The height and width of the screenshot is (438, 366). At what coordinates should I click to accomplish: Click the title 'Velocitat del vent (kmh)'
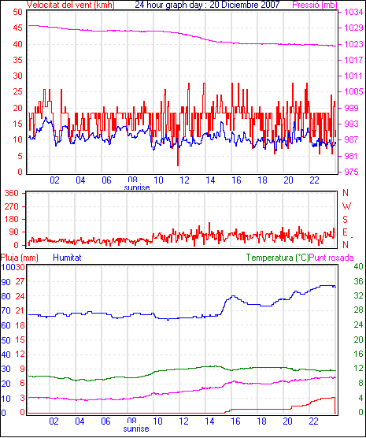click(71, 5)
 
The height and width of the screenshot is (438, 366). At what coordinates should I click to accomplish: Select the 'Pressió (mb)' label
click(315, 5)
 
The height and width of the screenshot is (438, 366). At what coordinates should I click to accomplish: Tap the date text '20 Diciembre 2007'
click(245, 5)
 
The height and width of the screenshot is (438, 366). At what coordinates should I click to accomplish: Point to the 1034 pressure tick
click(353, 12)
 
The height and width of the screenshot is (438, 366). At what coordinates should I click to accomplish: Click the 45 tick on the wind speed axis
click(17, 28)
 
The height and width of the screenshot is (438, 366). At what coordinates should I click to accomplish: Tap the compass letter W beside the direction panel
click(346, 206)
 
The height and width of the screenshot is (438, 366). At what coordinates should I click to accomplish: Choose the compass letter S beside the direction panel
click(346, 220)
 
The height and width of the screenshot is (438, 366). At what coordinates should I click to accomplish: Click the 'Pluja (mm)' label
click(19, 258)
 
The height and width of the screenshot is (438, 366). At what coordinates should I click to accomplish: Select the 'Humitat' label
click(67, 258)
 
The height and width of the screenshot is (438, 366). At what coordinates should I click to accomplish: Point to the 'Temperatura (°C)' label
click(278, 258)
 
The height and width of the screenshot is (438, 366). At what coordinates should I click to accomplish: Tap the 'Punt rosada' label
click(331, 258)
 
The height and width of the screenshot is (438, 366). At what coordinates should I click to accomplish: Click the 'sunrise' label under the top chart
click(137, 187)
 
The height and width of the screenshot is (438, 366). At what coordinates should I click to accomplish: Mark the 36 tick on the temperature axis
click(358, 281)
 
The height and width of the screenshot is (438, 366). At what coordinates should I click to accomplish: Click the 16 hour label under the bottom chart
click(235, 421)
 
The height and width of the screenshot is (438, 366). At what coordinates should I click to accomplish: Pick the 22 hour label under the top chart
click(314, 180)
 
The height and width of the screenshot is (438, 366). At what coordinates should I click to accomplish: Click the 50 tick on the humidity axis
click(6, 340)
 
